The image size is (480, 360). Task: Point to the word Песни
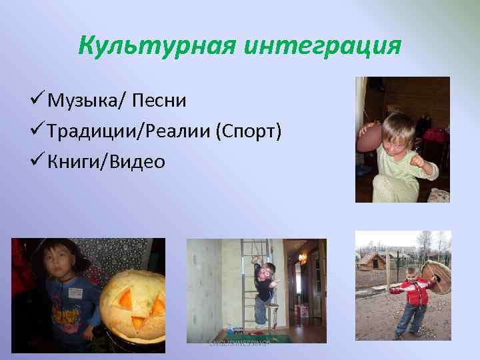pos(159,101)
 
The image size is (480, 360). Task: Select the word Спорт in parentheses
pos(248,131)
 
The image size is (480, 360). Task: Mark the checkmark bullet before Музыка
pos(37,101)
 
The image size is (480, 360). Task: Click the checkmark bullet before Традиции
pos(37,131)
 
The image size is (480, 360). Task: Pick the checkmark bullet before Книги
pos(37,162)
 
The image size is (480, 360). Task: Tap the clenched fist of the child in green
pos(418,161)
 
